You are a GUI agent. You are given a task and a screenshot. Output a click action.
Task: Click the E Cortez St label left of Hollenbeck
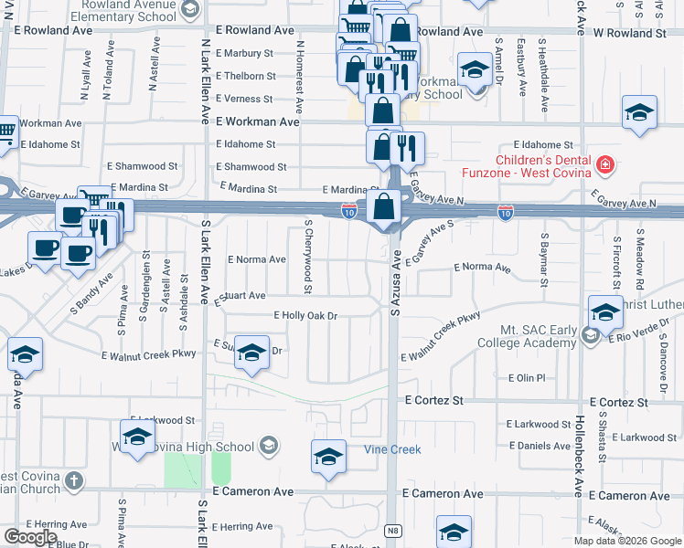coord(435,401)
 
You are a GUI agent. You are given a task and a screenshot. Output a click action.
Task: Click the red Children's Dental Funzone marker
coord(604,165)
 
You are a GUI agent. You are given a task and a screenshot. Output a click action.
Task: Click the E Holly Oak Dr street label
coord(306,316)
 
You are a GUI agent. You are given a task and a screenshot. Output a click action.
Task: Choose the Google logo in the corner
coord(30,537)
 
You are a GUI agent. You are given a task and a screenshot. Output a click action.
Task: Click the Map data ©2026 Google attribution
coord(627,541)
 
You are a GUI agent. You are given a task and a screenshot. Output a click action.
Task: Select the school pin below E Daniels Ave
coord(454,532)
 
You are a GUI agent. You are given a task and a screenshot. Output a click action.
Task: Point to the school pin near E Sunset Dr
coord(251,355)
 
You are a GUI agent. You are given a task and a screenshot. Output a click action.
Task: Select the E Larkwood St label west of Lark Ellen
coord(163,420)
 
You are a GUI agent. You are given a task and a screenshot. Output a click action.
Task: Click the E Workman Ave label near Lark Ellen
coord(258,121)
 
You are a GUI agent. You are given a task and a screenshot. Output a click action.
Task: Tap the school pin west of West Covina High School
coord(137,437)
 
